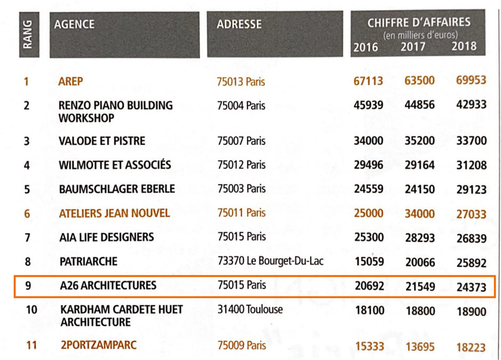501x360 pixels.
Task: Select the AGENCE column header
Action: (x=74, y=24)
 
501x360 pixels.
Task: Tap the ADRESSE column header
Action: (x=239, y=24)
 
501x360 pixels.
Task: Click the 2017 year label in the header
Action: (x=413, y=47)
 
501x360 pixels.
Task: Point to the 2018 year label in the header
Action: (x=464, y=46)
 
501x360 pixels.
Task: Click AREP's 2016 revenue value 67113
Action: (x=368, y=81)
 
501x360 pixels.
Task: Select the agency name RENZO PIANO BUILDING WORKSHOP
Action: (x=116, y=111)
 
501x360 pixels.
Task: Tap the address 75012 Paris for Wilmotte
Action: (x=241, y=165)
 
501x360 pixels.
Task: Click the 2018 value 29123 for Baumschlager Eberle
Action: (x=471, y=190)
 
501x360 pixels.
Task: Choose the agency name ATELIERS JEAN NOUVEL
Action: (x=115, y=213)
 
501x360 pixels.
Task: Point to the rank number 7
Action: (x=27, y=237)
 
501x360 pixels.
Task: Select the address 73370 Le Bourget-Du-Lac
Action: (x=270, y=261)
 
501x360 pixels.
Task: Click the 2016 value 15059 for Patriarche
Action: (x=368, y=262)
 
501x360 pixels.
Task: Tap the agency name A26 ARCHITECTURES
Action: (x=108, y=285)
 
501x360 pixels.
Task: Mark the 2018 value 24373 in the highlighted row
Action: (x=471, y=287)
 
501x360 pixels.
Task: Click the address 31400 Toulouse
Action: (x=250, y=309)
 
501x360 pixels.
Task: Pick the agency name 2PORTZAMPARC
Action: (x=98, y=345)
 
